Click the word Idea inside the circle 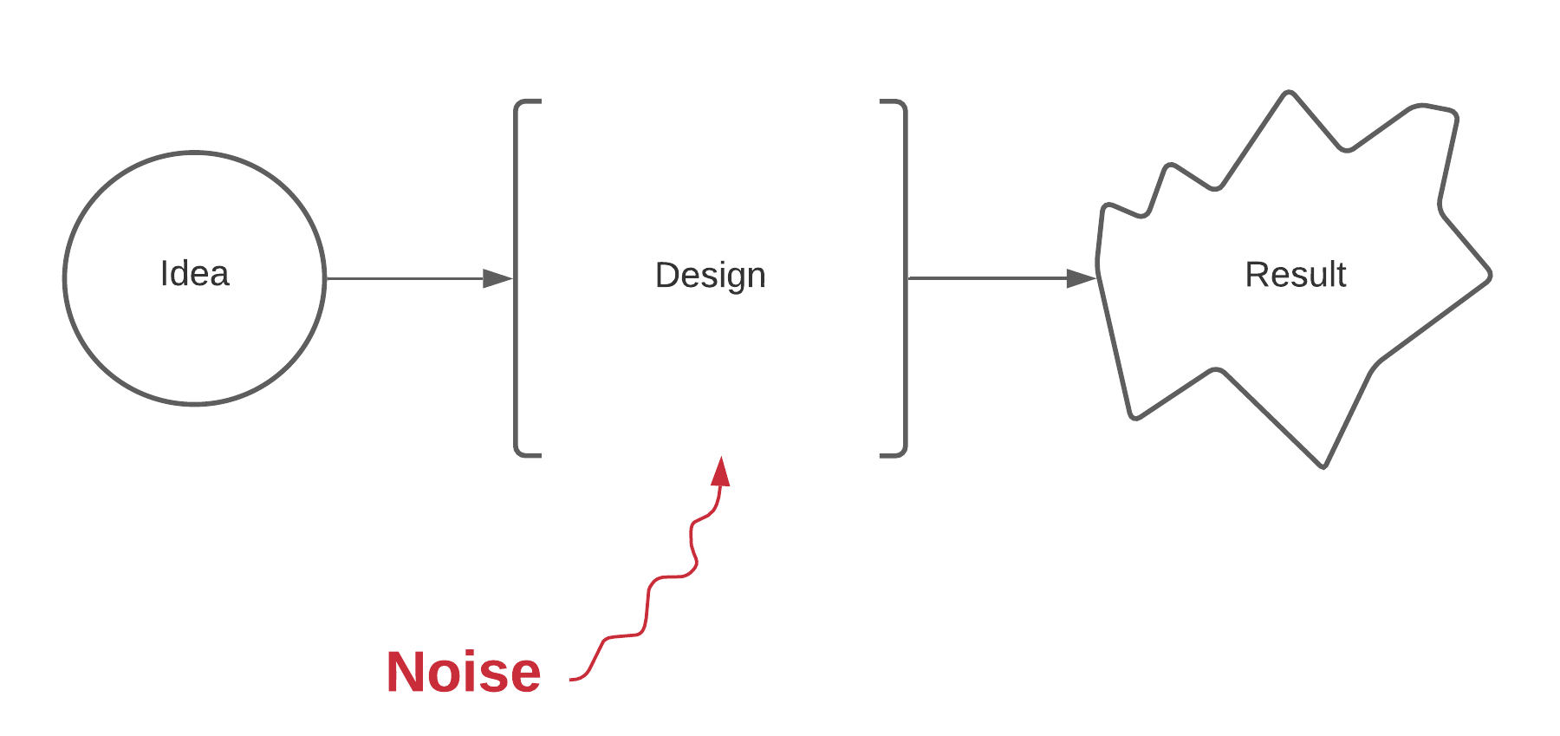click(x=195, y=274)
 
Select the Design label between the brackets click(x=711, y=277)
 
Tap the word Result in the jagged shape click(x=1296, y=275)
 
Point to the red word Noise click(x=464, y=672)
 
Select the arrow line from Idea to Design click(x=419, y=278)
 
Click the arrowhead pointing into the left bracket click(x=498, y=278)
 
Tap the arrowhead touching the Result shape click(x=1082, y=278)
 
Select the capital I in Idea click(x=164, y=273)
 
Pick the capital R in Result click(x=1256, y=275)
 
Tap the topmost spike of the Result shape click(x=1290, y=91)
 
